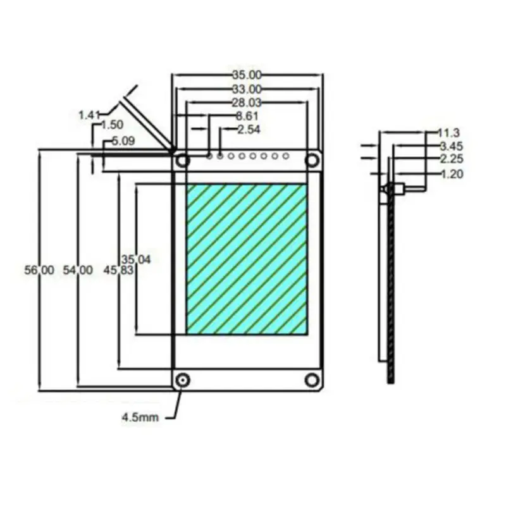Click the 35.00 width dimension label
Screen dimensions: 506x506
[x=247, y=75]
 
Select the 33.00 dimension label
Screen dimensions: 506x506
[x=247, y=89]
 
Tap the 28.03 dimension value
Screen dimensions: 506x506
[x=247, y=102]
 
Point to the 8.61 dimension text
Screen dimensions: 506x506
[x=247, y=116]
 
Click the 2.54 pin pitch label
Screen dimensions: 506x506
[x=249, y=130]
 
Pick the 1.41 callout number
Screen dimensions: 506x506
[x=89, y=115]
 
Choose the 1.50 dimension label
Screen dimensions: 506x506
[x=112, y=125]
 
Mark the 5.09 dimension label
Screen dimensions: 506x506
[x=123, y=141]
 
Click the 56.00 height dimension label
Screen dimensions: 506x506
[x=39, y=270]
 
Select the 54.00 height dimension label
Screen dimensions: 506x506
[x=78, y=270]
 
